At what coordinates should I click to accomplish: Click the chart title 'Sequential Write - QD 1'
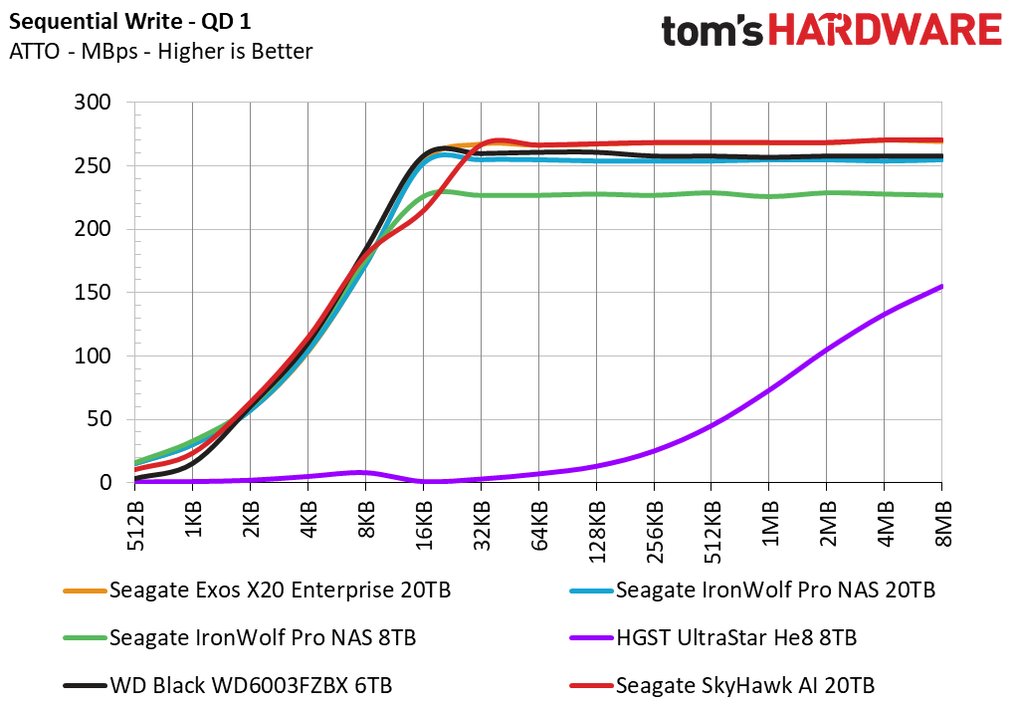click(x=129, y=21)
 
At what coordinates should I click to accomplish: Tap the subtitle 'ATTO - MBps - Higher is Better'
click(x=160, y=51)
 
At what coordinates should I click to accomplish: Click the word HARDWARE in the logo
click(x=885, y=31)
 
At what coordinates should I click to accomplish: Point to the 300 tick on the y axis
click(x=93, y=102)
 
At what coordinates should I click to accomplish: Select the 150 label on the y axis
click(x=93, y=292)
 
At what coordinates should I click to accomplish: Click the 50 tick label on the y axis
click(x=100, y=419)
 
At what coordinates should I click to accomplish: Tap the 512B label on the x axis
click(x=135, y=526)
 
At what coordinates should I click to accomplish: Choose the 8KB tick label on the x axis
click(x=366, y=520)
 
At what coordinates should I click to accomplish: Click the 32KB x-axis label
click(x=481, y=526)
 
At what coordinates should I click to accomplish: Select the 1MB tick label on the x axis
click(x=769, y=523)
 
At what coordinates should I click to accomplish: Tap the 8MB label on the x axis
click(x=942, y=523)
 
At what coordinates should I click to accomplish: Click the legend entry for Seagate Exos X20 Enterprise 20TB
click(x=257, y=591)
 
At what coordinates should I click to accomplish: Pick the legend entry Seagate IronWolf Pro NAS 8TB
click(x=240, y=637)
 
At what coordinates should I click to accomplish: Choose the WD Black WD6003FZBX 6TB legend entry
click(x=228, y=685)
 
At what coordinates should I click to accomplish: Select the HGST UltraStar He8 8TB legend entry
click(x=713, y=637)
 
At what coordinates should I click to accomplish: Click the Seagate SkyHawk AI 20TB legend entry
click(x=722, y=685)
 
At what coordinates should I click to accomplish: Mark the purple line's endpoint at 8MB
click(x=941, y=286)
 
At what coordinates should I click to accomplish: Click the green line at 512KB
click(x=711, y=193)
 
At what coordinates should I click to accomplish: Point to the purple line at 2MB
click(x=827, y=350)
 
